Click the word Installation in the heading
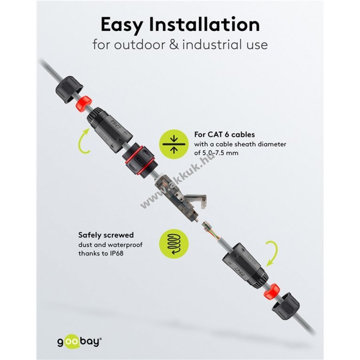[x=204, y=24]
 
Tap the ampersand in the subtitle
[x=174, y=44]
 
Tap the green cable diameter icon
[x=174, y=144]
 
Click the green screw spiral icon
[x=174, y=244]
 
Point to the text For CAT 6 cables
[x=224, y=134]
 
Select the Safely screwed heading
[x=106, y=235]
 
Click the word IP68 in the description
[x=116, y=253]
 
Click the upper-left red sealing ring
[x=84, y=102]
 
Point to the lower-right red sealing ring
[x=272, y=291]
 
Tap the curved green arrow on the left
[x=83, y=141]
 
